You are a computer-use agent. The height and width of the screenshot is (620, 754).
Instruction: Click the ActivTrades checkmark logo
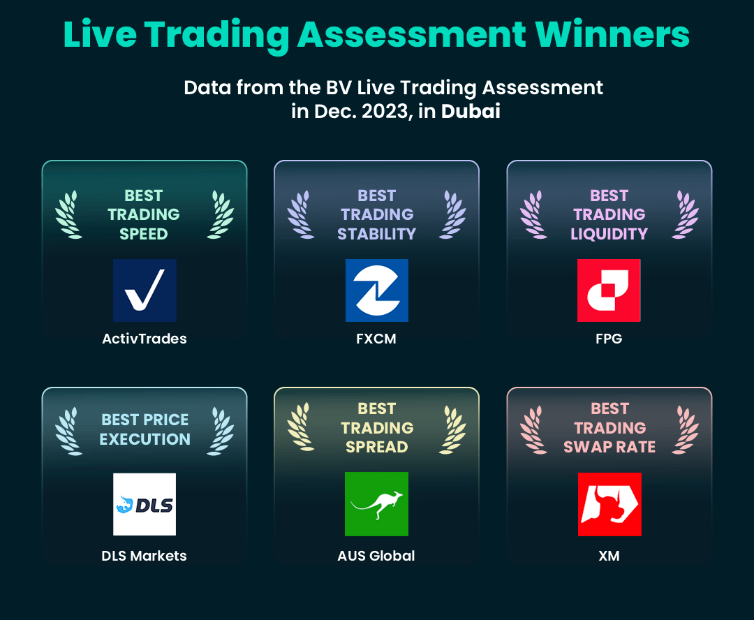click(145, 290)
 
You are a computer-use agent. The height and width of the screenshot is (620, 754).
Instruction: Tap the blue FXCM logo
click(377, 290)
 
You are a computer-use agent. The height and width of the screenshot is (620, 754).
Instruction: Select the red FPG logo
click(609, 290)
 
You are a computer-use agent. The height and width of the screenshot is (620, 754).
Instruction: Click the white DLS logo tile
click(145, 504)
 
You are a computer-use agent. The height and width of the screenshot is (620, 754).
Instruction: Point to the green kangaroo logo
click(376, 504)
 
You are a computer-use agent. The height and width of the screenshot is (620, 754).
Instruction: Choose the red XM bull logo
click(609, 504)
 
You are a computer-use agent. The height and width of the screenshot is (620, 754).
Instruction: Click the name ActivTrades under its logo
click(145, 339)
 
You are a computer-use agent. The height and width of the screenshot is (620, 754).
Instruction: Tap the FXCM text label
click(376, 339)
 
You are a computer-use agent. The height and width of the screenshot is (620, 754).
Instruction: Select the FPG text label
click(609, 339)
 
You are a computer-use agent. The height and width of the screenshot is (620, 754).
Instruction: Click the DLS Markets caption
click(145, 556)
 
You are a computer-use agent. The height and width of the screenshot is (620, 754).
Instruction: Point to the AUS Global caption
click(376, 556)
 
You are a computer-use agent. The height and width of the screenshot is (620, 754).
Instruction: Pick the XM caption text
click(609, 556)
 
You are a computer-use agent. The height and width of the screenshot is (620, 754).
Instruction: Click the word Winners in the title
click(612, 35)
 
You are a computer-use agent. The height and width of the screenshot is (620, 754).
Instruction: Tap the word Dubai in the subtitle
click(471, 111)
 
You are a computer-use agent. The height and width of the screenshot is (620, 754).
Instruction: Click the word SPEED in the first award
click(144, 234)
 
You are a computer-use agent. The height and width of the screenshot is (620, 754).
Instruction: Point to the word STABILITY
click(376, 234)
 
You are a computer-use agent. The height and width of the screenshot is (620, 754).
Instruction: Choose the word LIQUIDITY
click(609, 234)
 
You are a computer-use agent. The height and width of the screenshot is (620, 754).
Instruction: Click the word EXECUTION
click(145, 439)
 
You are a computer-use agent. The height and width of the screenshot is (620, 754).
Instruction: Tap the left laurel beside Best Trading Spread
click(300, 427)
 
